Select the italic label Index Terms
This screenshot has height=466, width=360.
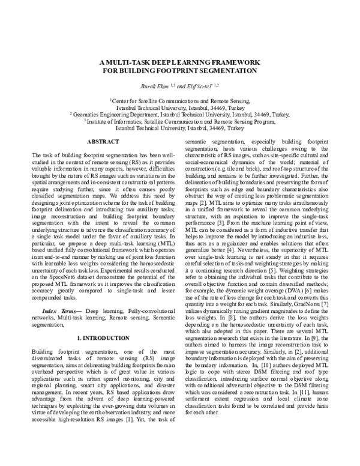pyautogui.click(x=62, y=294)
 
